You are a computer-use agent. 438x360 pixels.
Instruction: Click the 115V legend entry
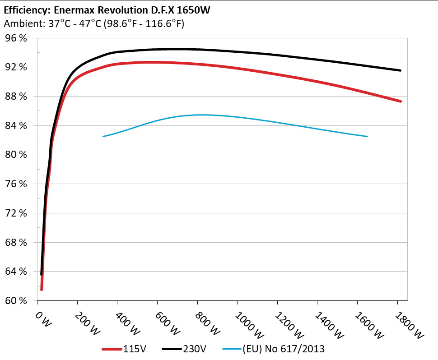[x=134, y=349]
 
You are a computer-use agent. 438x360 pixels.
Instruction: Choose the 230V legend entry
[x=195, y=349]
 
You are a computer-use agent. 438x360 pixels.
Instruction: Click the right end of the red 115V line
[x=400, y=101]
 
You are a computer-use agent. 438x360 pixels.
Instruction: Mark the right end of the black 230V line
[x=400, y=70]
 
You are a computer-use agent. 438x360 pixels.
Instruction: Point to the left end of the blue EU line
[x=103, y=136]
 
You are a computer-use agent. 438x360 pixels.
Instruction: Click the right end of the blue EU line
[x=368, y=136]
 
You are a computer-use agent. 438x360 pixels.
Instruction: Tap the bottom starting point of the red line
[x=42, y=289]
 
